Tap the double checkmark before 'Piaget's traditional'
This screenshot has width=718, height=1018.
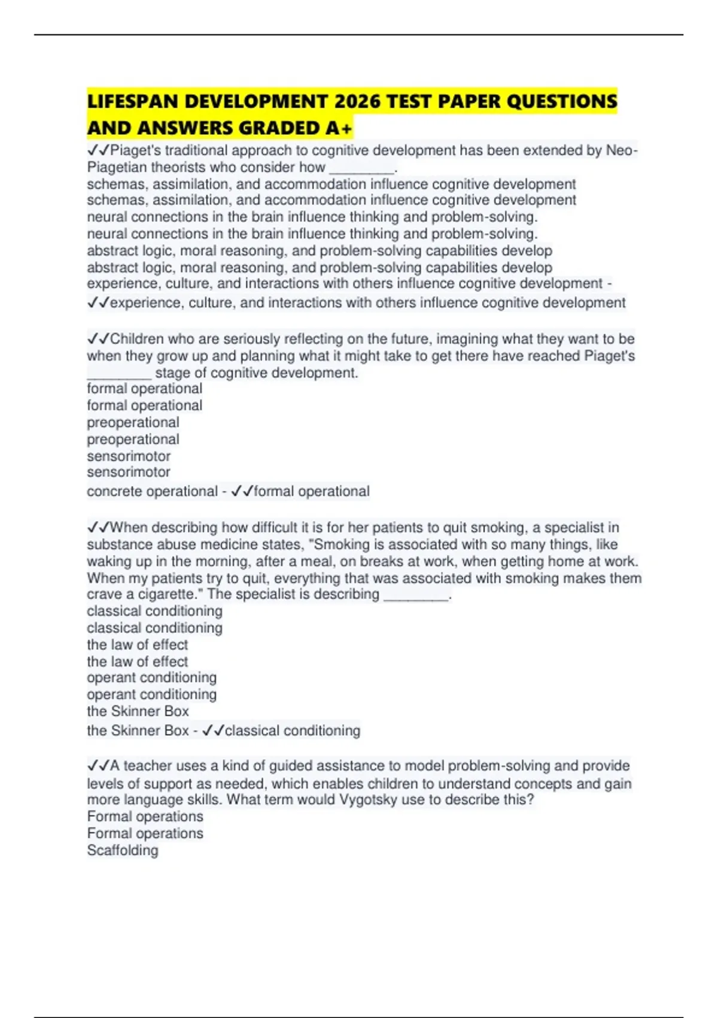98,150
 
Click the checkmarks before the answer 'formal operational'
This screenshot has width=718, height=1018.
242,492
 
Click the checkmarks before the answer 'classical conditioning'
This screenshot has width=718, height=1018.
213,731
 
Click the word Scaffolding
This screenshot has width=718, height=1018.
123,850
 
